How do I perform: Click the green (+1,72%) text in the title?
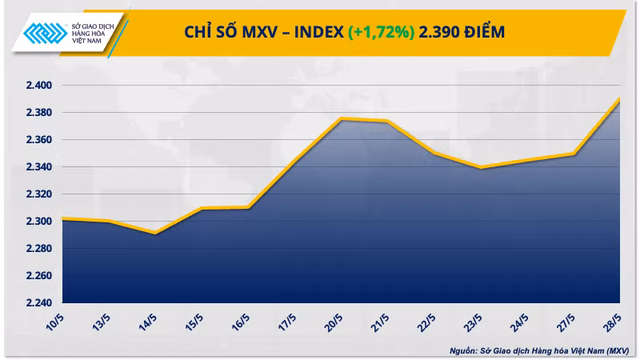pyautogui.click(x=381, y=31)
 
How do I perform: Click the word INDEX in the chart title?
pyautogui.click(x=314, y=31)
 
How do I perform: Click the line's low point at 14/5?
pyautogui.click(x=155, y=234)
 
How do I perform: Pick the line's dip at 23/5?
pyautogui.click(x=479, y=167)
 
